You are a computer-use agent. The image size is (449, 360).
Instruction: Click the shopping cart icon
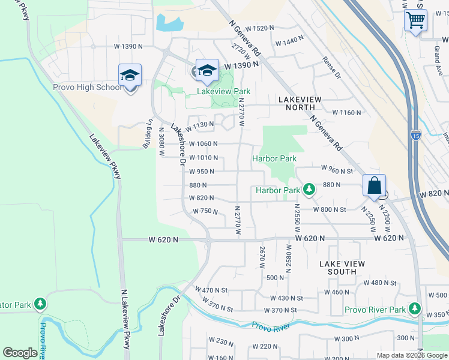[415, 20]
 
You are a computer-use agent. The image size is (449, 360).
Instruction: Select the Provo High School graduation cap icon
[130, 76]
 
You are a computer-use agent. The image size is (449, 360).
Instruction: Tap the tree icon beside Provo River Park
[414, 309]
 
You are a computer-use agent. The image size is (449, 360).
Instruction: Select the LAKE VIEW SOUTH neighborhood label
[338, 268]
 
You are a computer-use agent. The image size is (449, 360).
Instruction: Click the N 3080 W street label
[161, 142]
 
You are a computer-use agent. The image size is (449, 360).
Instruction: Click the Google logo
[20, 353]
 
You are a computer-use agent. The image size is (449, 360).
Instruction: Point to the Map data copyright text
[411, 355]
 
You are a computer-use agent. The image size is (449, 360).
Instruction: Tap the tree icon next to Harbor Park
[309, 190]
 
